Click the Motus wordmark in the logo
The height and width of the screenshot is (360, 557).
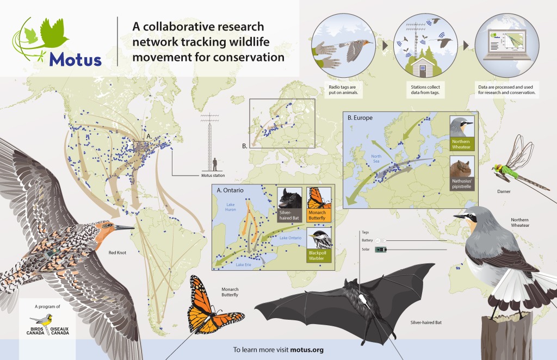(x=75, y=59)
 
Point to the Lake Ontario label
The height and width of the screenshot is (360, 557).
(x=290, y=238)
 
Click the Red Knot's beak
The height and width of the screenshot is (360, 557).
(x=124, y=227)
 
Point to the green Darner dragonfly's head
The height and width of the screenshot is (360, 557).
(x=496, y=168)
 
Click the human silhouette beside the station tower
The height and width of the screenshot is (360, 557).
(x=215, y=164)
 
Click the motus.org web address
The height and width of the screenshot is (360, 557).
(x=307, y=350)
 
